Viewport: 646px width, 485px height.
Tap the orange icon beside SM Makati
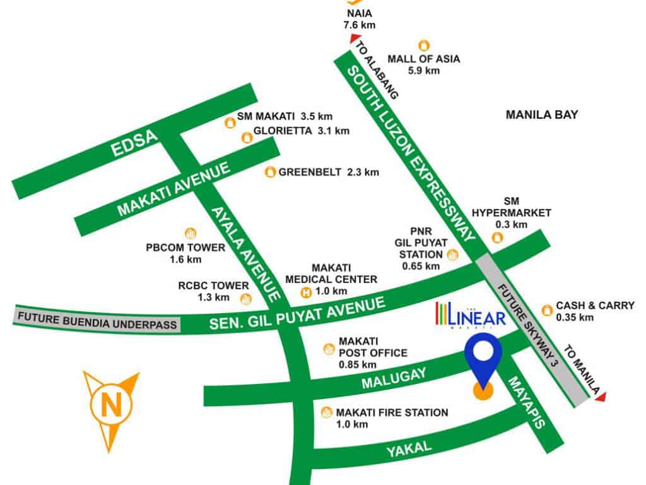pos(229,123)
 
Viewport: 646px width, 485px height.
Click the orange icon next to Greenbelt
pos(270,172)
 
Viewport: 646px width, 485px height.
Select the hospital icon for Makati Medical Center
pos(306,292)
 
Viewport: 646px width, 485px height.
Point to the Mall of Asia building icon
pos(424,45)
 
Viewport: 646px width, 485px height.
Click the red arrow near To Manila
pos(601,396)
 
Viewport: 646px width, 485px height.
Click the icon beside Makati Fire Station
pos(326,413)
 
